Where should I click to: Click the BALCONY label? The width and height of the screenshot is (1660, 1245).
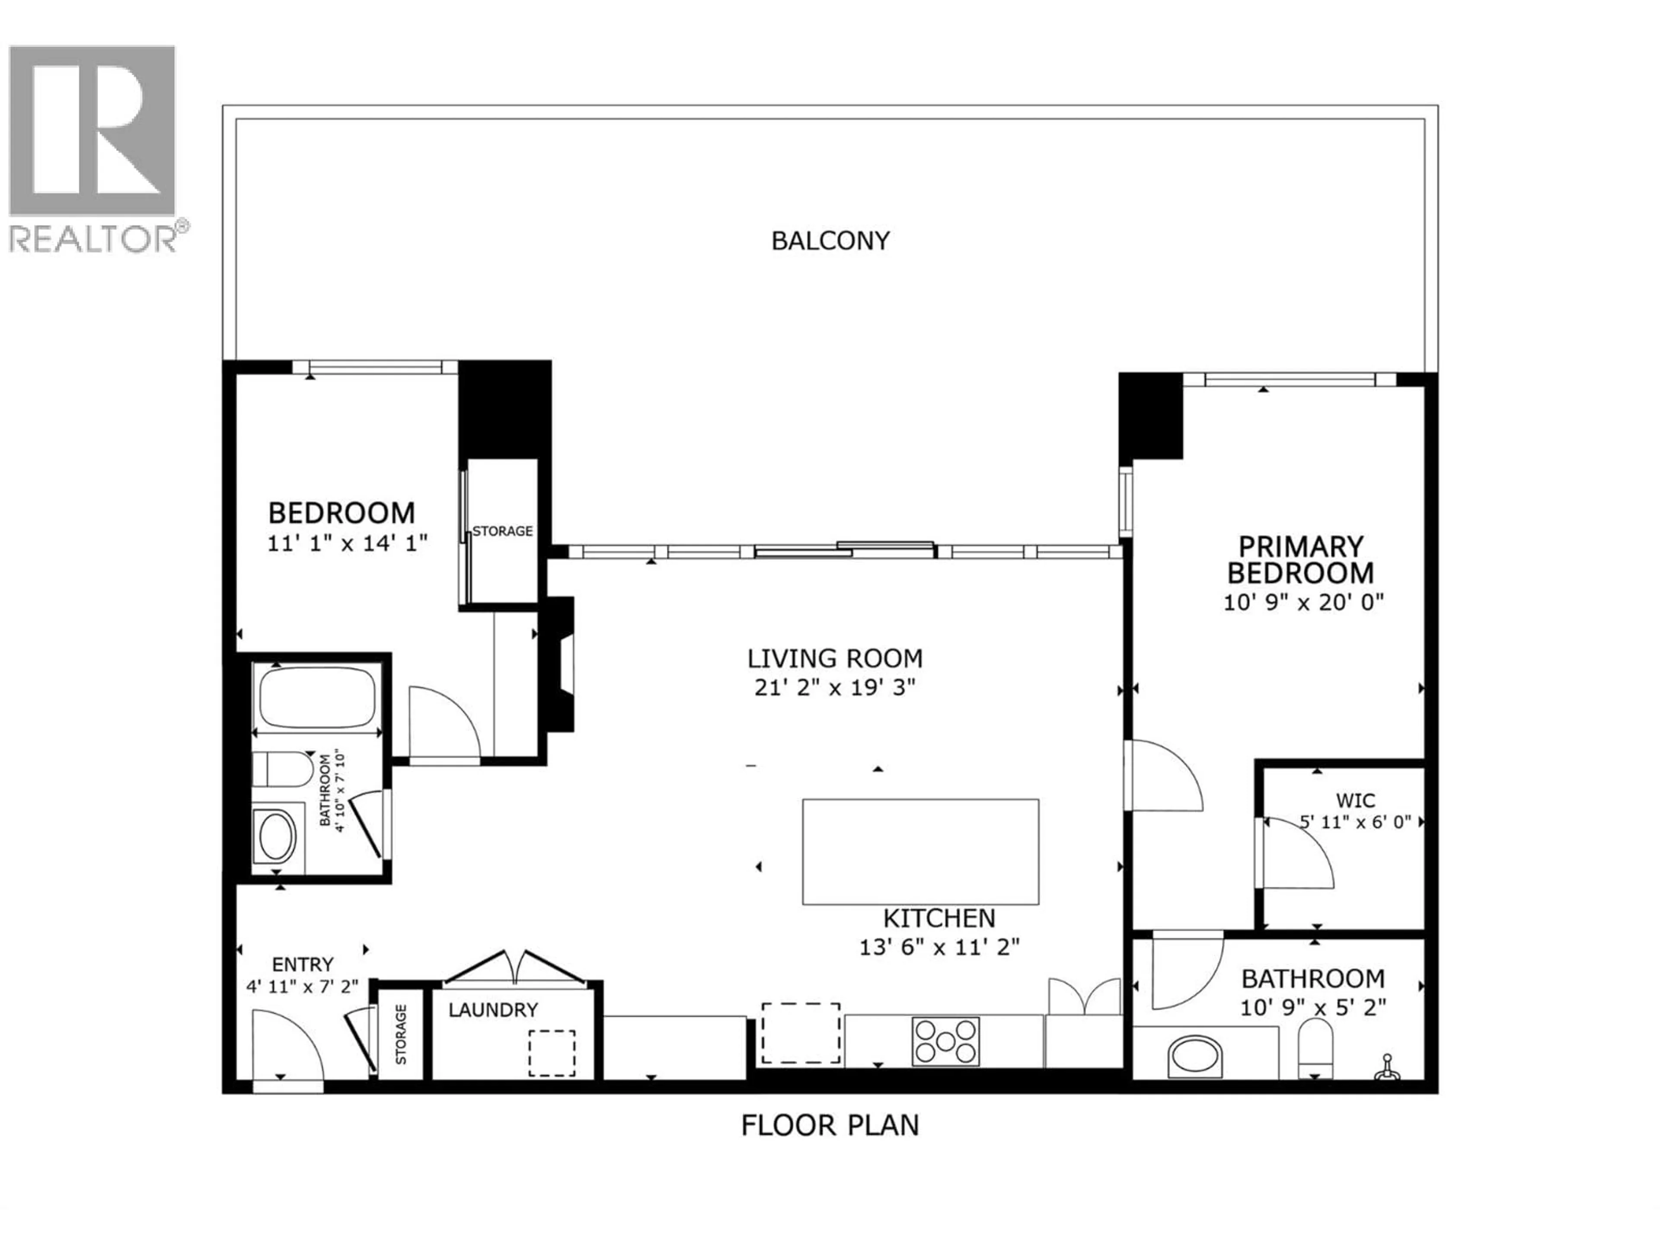click(x=830, y=241)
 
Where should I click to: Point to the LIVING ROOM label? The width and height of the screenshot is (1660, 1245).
click(x=834, y=658)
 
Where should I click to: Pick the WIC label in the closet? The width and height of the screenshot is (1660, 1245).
click(x=1355, y=800)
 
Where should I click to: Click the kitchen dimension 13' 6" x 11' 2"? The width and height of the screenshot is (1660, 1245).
click(x=939, y=947)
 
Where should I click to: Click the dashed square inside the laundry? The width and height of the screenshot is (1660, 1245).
click(x=552, y=1053)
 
